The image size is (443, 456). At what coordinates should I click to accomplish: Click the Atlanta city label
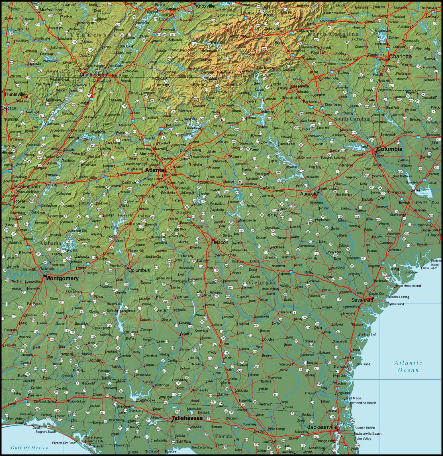154,170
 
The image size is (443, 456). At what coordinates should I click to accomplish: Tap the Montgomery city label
62,278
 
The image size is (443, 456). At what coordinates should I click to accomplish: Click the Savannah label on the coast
362,300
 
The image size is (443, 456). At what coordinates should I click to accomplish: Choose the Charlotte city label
400,56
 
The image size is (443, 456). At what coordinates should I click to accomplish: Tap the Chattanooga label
93,75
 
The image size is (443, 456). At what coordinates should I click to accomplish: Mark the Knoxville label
205,6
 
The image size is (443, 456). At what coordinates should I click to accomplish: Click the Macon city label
221,242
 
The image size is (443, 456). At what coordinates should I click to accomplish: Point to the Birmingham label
27,187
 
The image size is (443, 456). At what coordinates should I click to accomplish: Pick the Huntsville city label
15,94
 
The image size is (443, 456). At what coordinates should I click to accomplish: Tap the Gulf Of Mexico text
30,448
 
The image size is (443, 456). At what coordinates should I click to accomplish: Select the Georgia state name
262,282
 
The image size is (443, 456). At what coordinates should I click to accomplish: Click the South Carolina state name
352,119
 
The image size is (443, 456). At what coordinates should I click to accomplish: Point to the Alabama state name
50,243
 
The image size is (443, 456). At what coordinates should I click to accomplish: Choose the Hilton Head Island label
407,286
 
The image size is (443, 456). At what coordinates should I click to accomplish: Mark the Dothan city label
94,360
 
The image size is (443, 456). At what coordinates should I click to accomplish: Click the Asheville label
272,28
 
